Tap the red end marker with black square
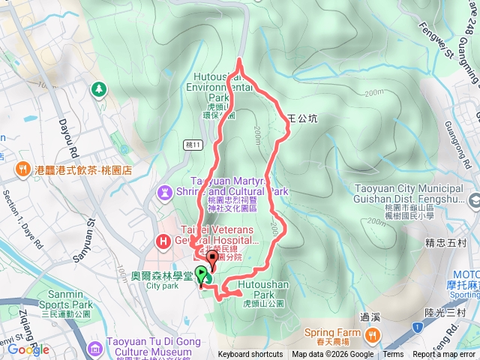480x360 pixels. pyautogui.click(x=211, y=260)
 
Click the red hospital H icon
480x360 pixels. pyautogui.click(x=162, y=241)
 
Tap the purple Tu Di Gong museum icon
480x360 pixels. pyautogui.click(x=94, y=349)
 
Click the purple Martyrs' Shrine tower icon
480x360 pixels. pyautogui.click(x=165, y=193)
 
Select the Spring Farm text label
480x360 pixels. pyautogui.click(x=328, y=332)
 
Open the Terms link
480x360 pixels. pyautogui.click(x=393, y=355)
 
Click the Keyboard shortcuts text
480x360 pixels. pyautogui.click(x=250, y=355)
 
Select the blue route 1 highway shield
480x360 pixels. pyautogui.click(x=417, y=328)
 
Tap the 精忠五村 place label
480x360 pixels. pyautogui.click(x=441, y=243)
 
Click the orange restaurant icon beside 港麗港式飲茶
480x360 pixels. pyautogui.click(x=23, y=169)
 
